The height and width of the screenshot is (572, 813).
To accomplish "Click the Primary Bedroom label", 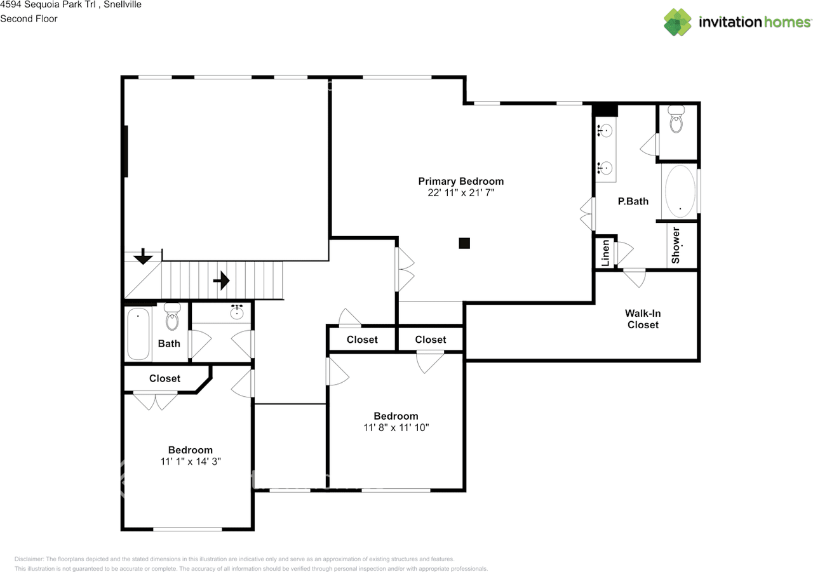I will (x=460, y=181).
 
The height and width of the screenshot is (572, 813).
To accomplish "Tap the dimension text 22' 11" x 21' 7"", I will (x=460, y=193).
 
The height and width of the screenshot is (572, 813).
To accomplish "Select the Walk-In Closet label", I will (x=642, y=319).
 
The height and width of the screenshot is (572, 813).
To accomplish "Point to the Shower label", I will (x=676, y=245).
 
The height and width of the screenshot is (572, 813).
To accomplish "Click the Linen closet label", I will (x=605, y=252).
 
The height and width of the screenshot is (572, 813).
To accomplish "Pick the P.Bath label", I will (x=633, y=201).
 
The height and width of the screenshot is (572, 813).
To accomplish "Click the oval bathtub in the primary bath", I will (x=679, y=191).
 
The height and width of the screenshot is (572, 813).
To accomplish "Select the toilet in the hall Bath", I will (x=172, y=317).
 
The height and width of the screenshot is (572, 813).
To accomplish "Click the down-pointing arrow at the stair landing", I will (x=143, y=256).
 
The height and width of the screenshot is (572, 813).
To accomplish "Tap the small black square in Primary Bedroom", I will (x=464, y=243).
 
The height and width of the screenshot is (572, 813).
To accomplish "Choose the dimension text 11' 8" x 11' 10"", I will (x=396, y=428).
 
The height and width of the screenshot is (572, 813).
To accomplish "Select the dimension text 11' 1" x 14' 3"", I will (x=190, y=462).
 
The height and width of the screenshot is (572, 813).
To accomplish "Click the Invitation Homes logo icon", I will (x=678, y=22).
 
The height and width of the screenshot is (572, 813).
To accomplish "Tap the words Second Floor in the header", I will (x=29, y=18).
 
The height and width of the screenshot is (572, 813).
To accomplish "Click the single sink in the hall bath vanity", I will (x=238, y=311).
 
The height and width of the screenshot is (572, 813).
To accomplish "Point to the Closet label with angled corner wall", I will (x=165, y=378).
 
